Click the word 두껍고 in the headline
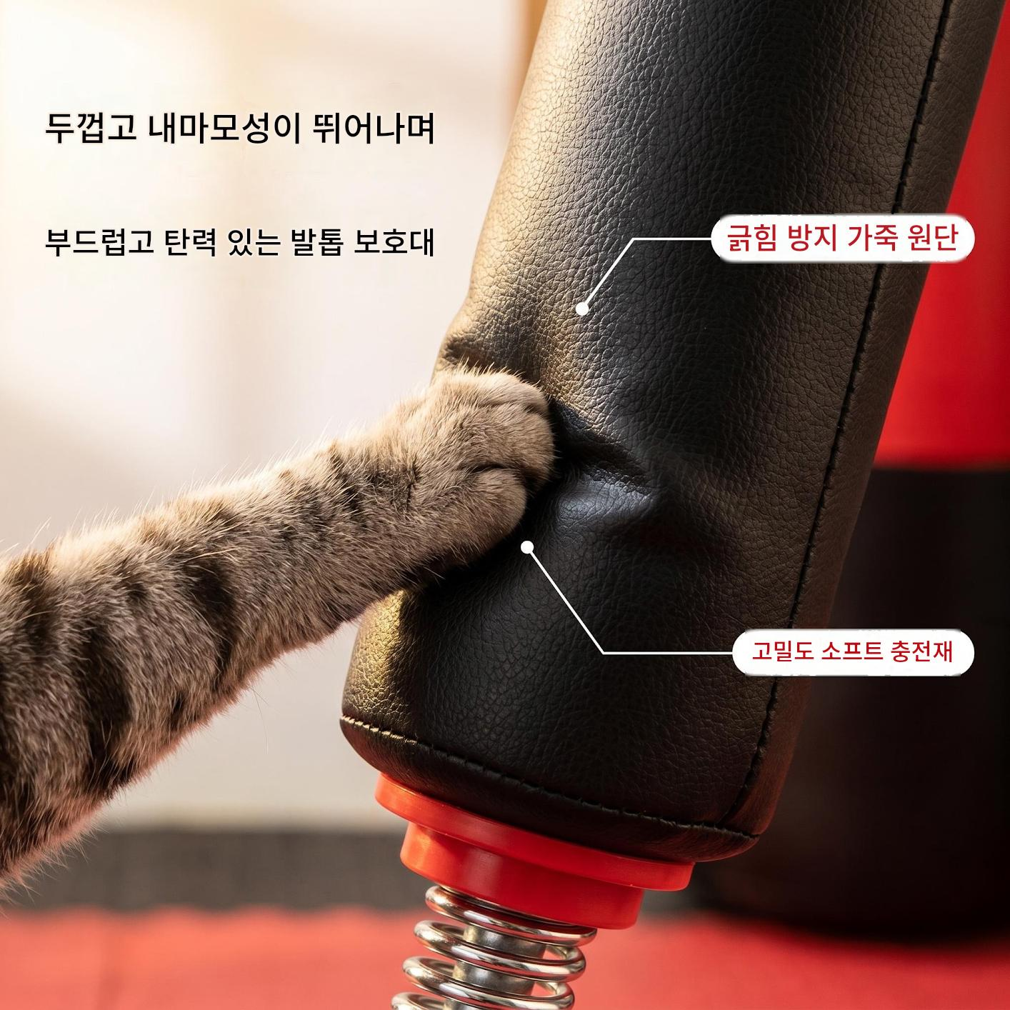(x=90, y=129)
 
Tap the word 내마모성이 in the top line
(x=224, y=129)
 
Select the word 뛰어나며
(x=373, y=129)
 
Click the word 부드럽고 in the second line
(x=99, y=241)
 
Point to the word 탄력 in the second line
(x=191, y=241)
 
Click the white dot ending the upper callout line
(x=581, y=309)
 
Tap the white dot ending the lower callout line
(x=526, y=547)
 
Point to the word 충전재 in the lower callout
(x=922, y=653)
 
